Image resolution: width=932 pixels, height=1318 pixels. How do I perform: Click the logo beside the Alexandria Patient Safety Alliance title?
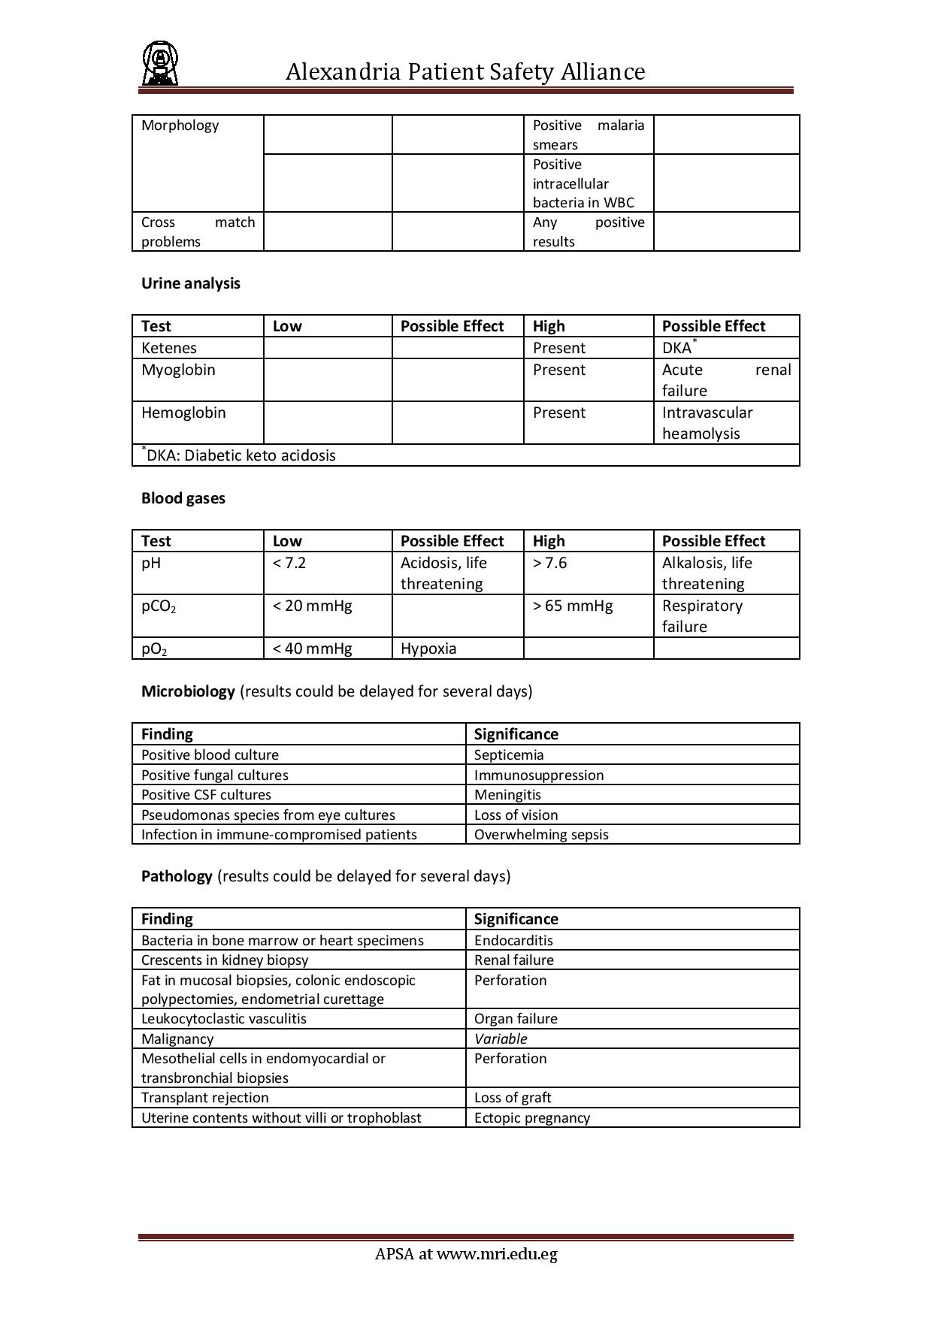click(x=159, y=64)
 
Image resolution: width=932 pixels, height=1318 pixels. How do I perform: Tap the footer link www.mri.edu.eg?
click(x=497, y=1253)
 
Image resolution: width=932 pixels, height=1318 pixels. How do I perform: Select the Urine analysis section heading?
click(x=191, y=283)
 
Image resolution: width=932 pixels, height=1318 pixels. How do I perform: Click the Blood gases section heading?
click(x=183, y=498)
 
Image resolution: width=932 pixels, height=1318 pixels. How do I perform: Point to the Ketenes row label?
click(x=169, y=348)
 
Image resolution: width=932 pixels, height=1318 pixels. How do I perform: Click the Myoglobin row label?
click(x=178, y=370)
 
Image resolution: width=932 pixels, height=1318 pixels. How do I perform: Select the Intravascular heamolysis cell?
click(x=707, y=423)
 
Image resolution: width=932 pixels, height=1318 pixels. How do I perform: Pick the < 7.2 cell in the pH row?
click(x=289, y=563)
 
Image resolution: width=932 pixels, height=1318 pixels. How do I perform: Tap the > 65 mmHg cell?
click(x=573, y=606)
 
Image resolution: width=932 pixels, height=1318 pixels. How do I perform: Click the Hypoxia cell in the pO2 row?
click(x=428, y=648)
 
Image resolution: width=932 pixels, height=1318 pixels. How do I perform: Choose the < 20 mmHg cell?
click(x=312, y=606)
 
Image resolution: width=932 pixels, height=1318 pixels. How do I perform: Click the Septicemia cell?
click(x=509, y=754)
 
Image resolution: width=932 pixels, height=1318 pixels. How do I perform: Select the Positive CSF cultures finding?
click(x=206, y=794)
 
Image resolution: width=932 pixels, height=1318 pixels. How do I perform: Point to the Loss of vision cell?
click(x=516, y=815)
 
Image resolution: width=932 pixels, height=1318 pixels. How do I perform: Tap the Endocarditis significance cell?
click(x=513, y=940)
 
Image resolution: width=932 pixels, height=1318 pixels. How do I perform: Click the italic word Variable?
click(x=501, y=1038)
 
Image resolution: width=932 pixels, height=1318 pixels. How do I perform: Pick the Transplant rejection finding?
click(x=204, y=1097)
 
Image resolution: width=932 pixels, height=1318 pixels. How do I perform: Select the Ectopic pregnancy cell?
click(x=532, y=1117)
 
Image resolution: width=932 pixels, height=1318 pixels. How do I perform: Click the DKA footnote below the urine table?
click(x=239, y=455)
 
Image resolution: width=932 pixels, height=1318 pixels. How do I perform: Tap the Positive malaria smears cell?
click(x=589, y=135)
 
